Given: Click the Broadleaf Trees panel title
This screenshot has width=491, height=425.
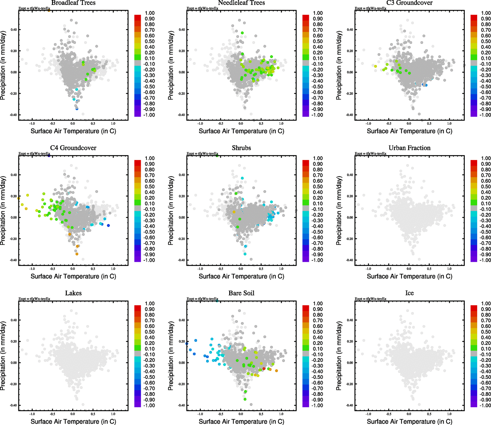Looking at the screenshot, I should tap(73, 3).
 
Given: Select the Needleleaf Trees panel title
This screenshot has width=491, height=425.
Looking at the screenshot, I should tap(241, 3).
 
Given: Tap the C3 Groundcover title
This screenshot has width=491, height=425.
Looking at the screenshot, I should tap(409, 3).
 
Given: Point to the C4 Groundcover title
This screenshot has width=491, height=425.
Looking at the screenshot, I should tap(73, 148).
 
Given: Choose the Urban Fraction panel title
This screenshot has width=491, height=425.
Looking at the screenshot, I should tap(409, 148).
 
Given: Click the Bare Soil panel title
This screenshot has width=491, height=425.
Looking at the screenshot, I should tap(241, 293).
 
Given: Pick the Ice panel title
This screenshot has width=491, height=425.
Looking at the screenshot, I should tap(409, 293).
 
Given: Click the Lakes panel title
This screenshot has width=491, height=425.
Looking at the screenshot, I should tap(73, 293).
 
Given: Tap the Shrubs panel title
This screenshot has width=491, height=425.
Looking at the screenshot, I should tap(241, 148).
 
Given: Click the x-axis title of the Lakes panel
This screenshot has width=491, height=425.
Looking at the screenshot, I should tap(73, 421).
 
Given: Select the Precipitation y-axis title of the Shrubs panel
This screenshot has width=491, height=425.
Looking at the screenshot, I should tap(171, 211).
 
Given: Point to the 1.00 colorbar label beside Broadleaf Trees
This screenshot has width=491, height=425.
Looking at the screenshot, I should tap(150, 13).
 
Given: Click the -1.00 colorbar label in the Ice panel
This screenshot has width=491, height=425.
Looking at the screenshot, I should tap(485, 406).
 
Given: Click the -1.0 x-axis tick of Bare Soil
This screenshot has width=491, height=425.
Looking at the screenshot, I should tap(200, 414).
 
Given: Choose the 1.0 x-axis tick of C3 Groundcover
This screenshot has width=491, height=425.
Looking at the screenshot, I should tap(449, 124).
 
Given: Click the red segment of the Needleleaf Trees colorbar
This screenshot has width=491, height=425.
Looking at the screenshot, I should tap(306, 17).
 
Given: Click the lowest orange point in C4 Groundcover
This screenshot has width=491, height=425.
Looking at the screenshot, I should tap(77, 254).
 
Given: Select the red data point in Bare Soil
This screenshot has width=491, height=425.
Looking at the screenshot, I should tap(264, 369).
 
